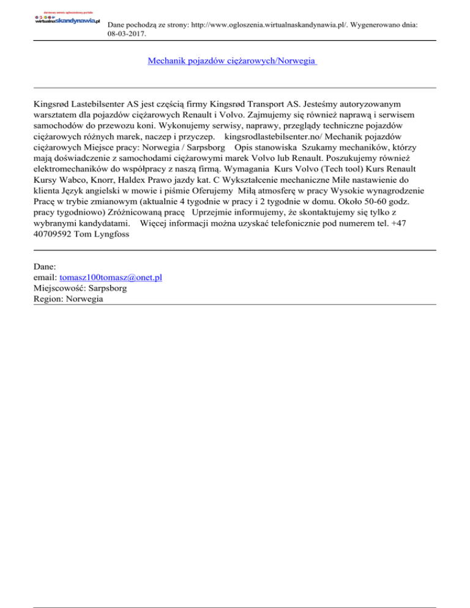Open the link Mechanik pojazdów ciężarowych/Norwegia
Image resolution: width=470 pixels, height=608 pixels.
pos(232,61)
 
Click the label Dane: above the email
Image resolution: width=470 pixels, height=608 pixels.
pos(45,267)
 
